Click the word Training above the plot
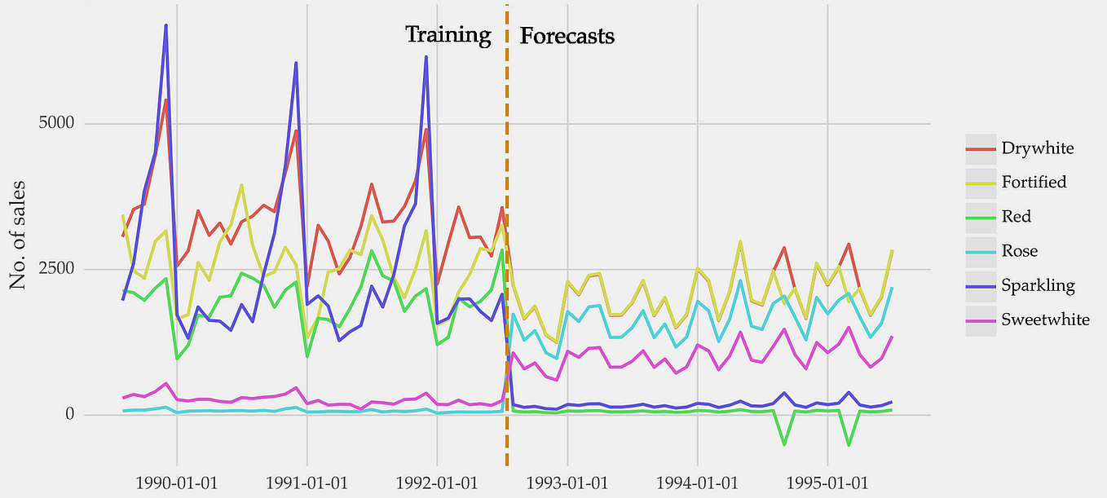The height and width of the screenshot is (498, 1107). click(448, 35)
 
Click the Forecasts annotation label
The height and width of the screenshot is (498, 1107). click(567, 36)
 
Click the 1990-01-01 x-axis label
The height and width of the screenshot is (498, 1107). click(176, 483)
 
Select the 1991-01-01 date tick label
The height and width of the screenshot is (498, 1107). click(307, 483)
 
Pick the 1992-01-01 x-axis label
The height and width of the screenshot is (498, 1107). click(437, 483)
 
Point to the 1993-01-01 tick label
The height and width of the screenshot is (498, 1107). click(567, 483)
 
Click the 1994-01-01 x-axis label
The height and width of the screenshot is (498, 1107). click(698, 483)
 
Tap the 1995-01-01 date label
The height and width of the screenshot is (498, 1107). click(827, 483)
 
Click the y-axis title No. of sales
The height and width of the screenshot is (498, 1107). click(18, 235)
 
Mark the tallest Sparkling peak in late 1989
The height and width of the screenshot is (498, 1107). click(165, 26)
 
